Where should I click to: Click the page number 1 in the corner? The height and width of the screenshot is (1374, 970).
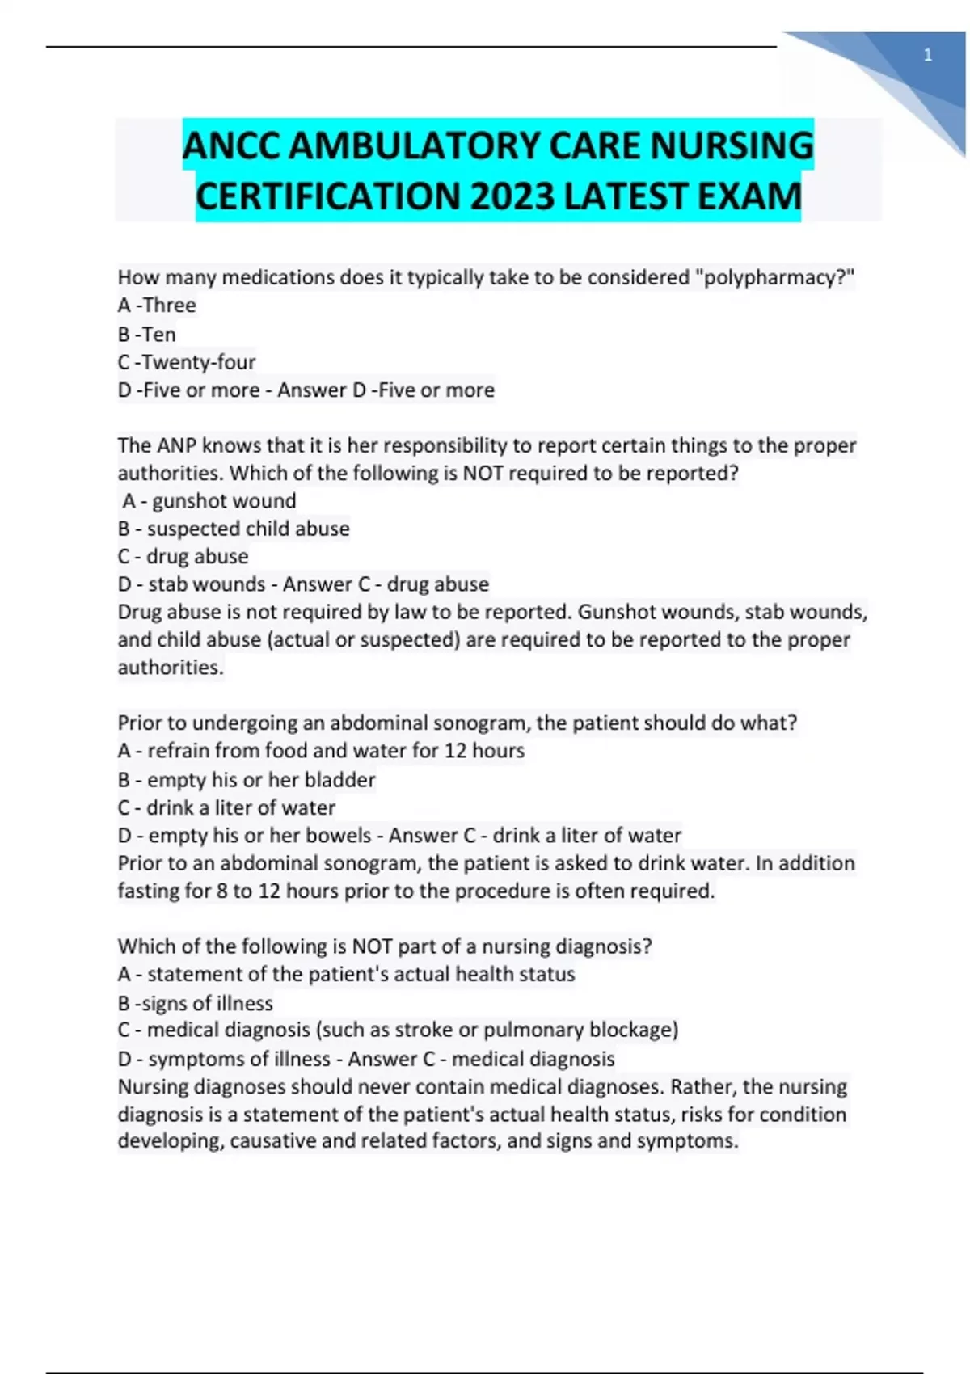coord(928,56)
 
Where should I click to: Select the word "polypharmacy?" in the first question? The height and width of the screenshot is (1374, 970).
coord(775,277)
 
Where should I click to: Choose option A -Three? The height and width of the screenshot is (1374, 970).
coord(157,306)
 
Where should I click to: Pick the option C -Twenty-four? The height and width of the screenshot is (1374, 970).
coord(186,362)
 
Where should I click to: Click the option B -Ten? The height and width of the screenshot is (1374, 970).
coord(146,334)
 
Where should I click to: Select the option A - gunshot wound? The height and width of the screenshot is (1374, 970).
coord(209,501)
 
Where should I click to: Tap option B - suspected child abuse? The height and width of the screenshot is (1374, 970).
coord(234,529)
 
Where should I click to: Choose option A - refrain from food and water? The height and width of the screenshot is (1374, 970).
coord(321,751)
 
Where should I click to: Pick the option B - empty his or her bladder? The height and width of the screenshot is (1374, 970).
coord(247,780)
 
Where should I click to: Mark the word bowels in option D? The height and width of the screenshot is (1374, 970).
coord(340,835)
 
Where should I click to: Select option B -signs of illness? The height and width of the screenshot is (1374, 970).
coord(195,1003)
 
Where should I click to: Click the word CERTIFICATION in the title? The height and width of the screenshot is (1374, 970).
coord(327,196)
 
